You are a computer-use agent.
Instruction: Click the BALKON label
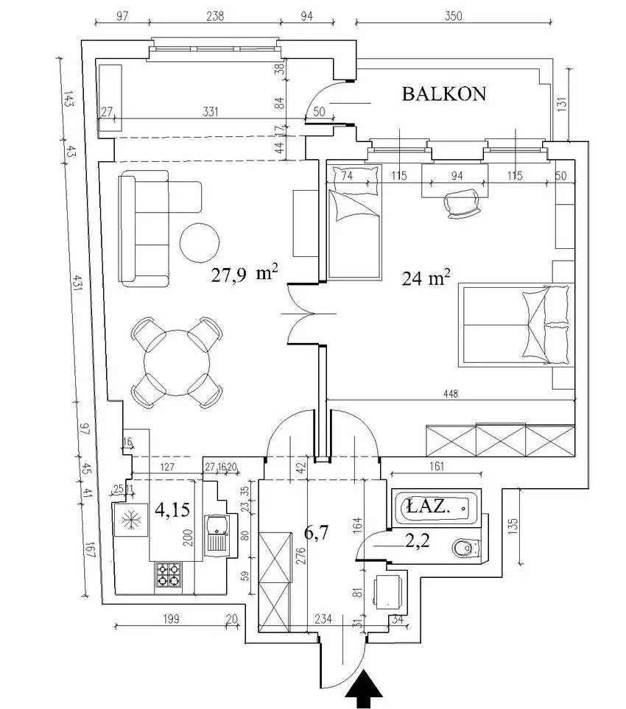443,94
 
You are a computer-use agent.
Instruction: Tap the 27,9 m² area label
245,274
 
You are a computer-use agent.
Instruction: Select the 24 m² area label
426,277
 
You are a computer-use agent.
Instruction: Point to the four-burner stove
169,574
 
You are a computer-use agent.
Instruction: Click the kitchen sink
218,535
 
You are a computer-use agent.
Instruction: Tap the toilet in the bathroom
466,548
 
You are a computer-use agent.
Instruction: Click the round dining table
177,363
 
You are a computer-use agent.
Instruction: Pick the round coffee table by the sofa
200,242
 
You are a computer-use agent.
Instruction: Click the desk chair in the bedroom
461,203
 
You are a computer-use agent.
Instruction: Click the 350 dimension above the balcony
453,16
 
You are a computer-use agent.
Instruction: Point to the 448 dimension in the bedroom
451,394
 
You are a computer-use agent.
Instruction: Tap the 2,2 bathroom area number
417,540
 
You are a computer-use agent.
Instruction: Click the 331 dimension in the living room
211,111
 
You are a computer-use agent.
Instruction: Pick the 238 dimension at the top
215,15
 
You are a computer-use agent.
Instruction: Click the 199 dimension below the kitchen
171,618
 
